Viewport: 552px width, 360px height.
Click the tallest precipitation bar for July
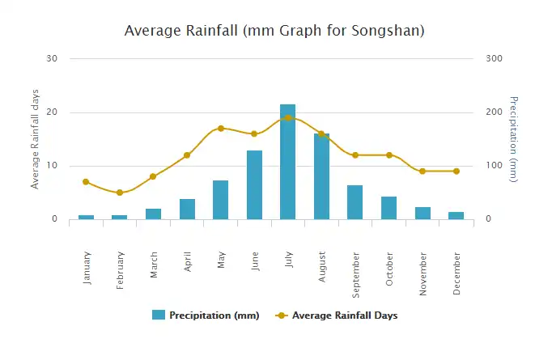(x=287, y=162)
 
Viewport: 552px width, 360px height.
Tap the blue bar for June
(x=254, y=184)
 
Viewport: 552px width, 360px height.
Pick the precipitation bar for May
(x=220, y=199)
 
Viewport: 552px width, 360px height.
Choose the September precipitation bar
(x=355, y=201)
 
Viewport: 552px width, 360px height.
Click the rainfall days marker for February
(x=119, y=193)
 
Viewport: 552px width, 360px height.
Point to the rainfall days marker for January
(x=86, y=182)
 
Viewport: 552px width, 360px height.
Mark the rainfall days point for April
(x=187, y=155)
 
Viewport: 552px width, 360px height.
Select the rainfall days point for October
(x=389, y=155)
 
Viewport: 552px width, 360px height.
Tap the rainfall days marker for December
(x=456, y=172)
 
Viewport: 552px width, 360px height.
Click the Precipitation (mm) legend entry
(x=206, y=316)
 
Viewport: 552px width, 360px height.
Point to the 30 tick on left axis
(x=53, y=58)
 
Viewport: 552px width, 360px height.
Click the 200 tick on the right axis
(x=494, y=112)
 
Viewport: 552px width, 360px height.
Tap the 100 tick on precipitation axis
(x=494, y=166)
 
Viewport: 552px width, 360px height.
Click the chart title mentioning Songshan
(x=275, y=31)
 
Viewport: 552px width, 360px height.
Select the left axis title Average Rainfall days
(x=35, y=138)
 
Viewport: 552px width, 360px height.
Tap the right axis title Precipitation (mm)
(x=512, y=138)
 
